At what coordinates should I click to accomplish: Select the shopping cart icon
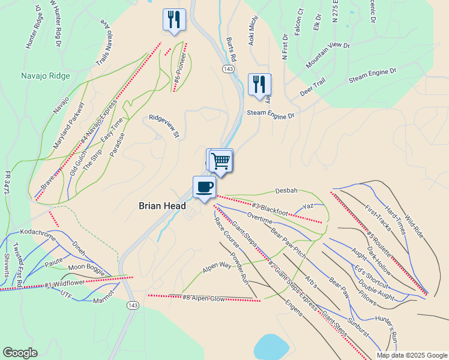[x=221, y=160]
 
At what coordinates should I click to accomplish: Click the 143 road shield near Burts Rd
[x=228, y=70]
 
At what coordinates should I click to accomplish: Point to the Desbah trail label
[x=286, y=191]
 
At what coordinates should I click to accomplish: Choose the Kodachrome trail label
[x=38, y=232]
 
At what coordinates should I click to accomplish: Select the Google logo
[x=20, y=353]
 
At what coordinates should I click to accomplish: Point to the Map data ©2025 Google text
[x=412, y=355]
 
